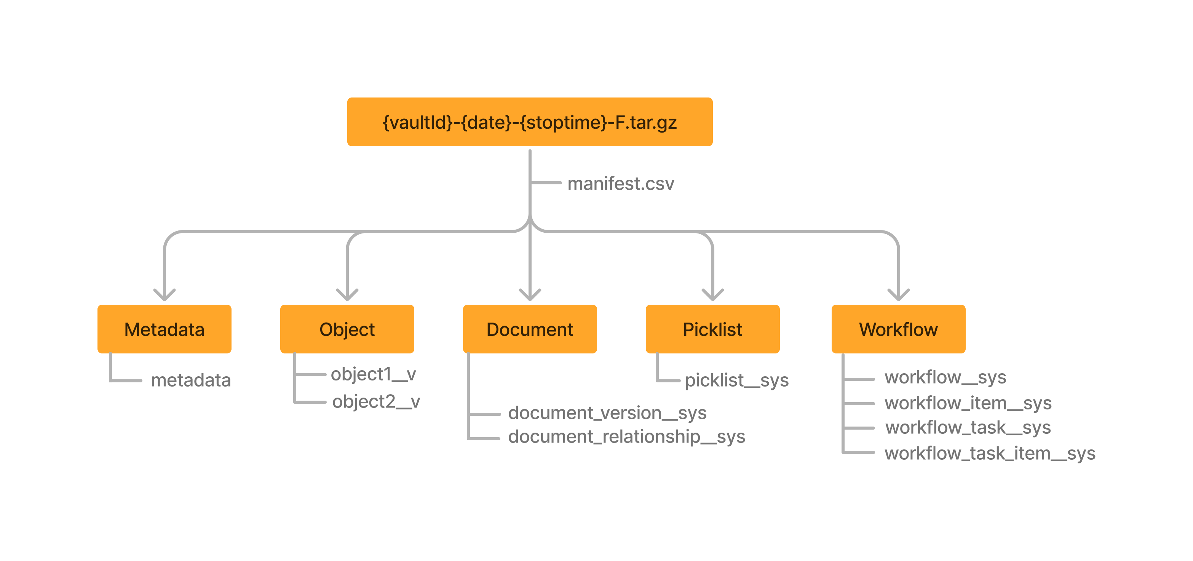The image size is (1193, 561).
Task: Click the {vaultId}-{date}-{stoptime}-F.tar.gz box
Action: [530, 122]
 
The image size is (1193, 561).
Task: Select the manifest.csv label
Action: [621, 184]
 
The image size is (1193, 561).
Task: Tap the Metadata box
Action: [164, 329]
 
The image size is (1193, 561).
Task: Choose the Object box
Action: [347, 329]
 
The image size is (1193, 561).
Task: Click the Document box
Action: [530, 329]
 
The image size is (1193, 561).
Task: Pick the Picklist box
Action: [712, 329]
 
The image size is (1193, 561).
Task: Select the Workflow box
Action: [898, 329]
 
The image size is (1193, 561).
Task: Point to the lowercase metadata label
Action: [191, 380]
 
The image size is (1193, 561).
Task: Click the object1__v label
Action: [373, 374]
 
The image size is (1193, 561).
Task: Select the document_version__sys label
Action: [607, 413]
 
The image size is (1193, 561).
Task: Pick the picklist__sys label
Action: [736, 380]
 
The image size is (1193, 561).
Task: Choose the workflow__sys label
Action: [945, 377]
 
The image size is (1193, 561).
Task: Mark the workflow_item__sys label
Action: [968, 403]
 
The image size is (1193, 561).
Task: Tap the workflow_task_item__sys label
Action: [990, 453]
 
